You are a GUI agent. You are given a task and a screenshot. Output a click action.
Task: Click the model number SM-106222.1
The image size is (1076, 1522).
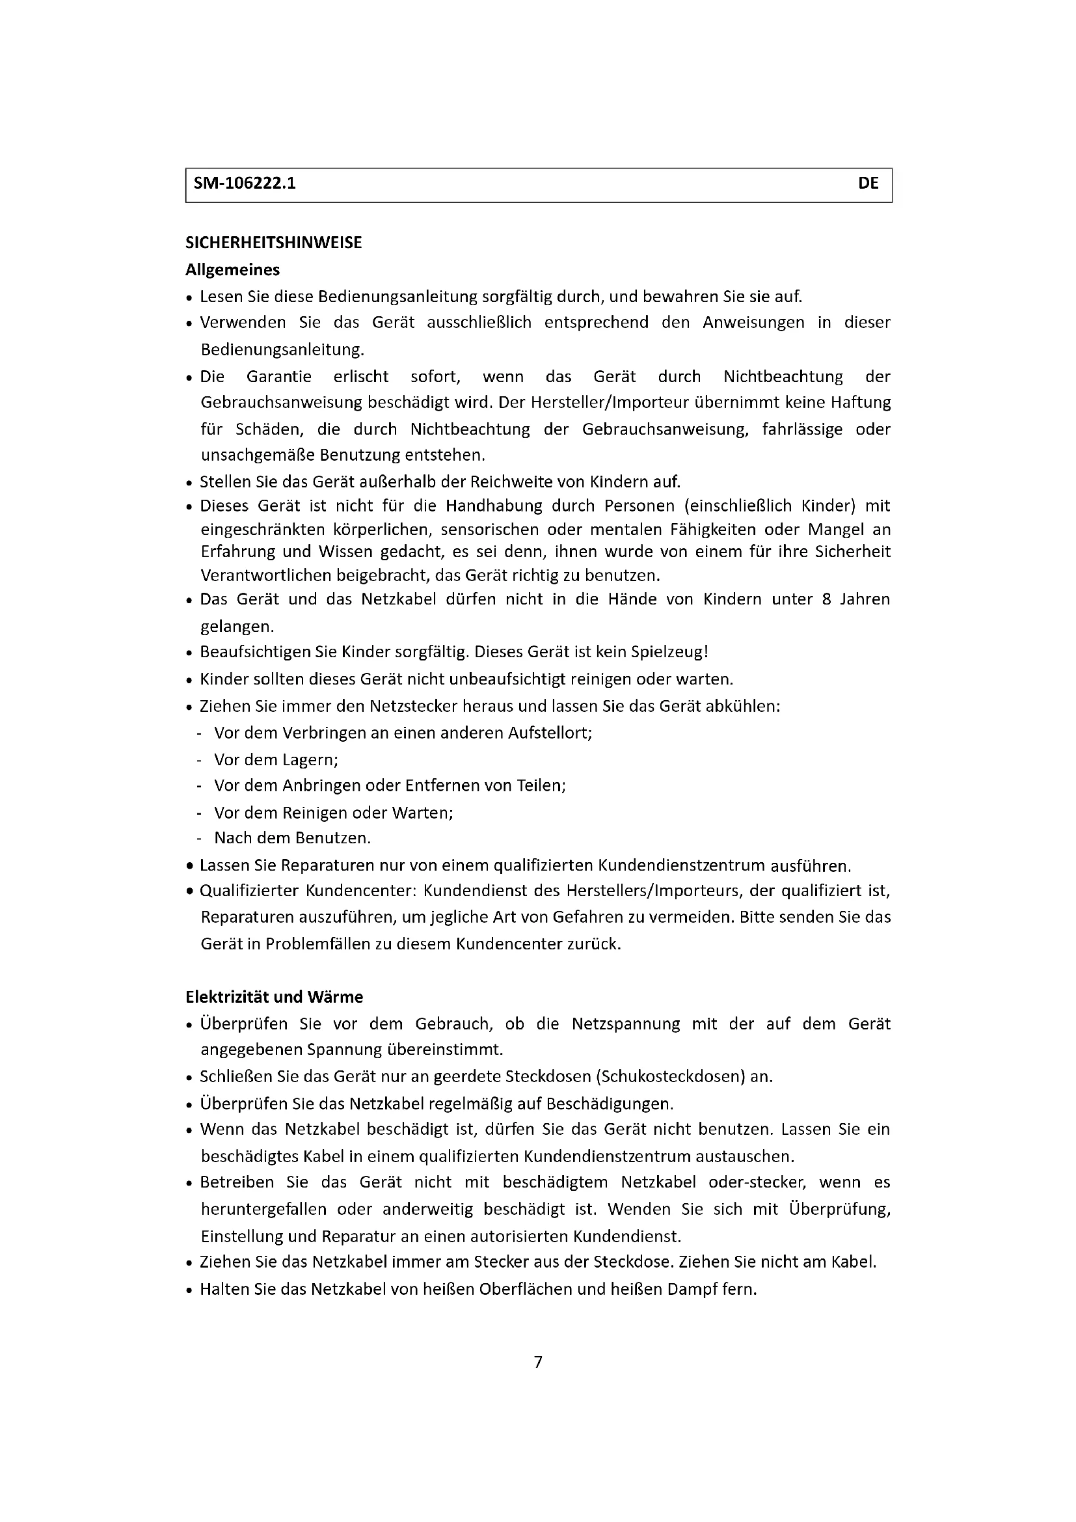pyautogui.click(x=245, y=183)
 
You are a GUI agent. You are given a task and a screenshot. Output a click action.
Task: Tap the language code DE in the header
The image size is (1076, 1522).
pyautogui.click(x=868, y=183)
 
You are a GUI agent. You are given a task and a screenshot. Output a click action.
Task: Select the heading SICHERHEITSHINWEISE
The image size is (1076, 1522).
pyautogui.click(x=274, y=243)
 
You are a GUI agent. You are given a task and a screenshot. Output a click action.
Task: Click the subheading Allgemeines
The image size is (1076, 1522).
pyautogui.click(x=232, y=270)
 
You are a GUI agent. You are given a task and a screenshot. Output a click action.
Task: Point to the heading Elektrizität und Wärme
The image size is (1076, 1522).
pyautogui.click(x=274, y=998)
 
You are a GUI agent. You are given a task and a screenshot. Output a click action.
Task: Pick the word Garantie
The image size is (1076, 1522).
pyautogui.click(x=279, y=377)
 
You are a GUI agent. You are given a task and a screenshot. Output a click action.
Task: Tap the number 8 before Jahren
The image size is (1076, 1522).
pyautogui.click(x=826, y=599)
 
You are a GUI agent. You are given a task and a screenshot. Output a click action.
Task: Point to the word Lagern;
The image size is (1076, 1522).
pyautogui.click(x=310, y=759)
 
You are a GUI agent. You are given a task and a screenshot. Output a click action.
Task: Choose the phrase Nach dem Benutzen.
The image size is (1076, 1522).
pyautogui.click(x=292, y=839)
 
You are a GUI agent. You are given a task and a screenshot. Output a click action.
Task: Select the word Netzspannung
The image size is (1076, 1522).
pyautogui.click(x=625, y=1024)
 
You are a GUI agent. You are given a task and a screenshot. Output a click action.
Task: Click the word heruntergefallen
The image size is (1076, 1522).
pyautogui.click(x=263, y=1210)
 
